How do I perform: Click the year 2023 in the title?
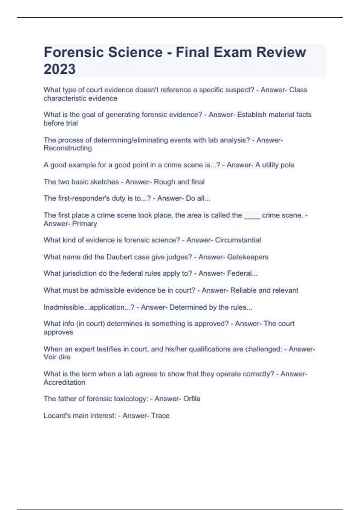pyautogui.click(x=60, y=69)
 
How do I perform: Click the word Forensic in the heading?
pyautogui.click(x=73, y=52)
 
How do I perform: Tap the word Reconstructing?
pyautogui.click(x=68, y=148)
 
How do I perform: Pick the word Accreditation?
pyautogui.click(x=64, y=382)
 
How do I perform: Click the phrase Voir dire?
pyautogui.click(x=57, y=357)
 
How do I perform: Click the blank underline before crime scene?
pyautogui.click(x=252, y=215)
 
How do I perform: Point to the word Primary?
pyautogui.click(x=85, y=224)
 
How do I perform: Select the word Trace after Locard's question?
pyautogui.click(x=160, y=416)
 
